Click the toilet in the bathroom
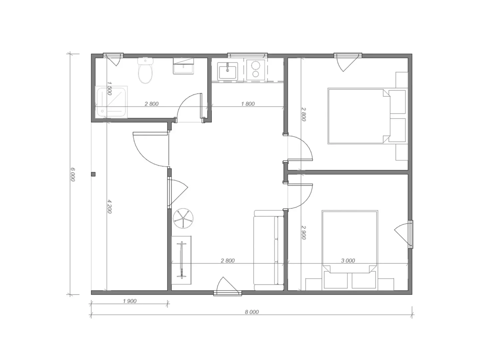(145, 70)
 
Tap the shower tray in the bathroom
(112, 102)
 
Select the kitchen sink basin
(228, 71)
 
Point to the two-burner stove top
(255, 70)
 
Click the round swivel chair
(183, 218)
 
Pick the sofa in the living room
(269, 250)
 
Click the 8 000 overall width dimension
(252, 312)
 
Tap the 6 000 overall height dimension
(73, 174)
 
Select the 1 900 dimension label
(130, 301)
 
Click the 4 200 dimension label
(110, 206)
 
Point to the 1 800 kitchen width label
(248, 104)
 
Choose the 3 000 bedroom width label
(348, 260)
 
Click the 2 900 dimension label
(303, 233)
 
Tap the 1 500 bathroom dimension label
(110, 88)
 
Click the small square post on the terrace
(93, 174)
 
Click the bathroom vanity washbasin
(184, 66)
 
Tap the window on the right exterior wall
(411, 234)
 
